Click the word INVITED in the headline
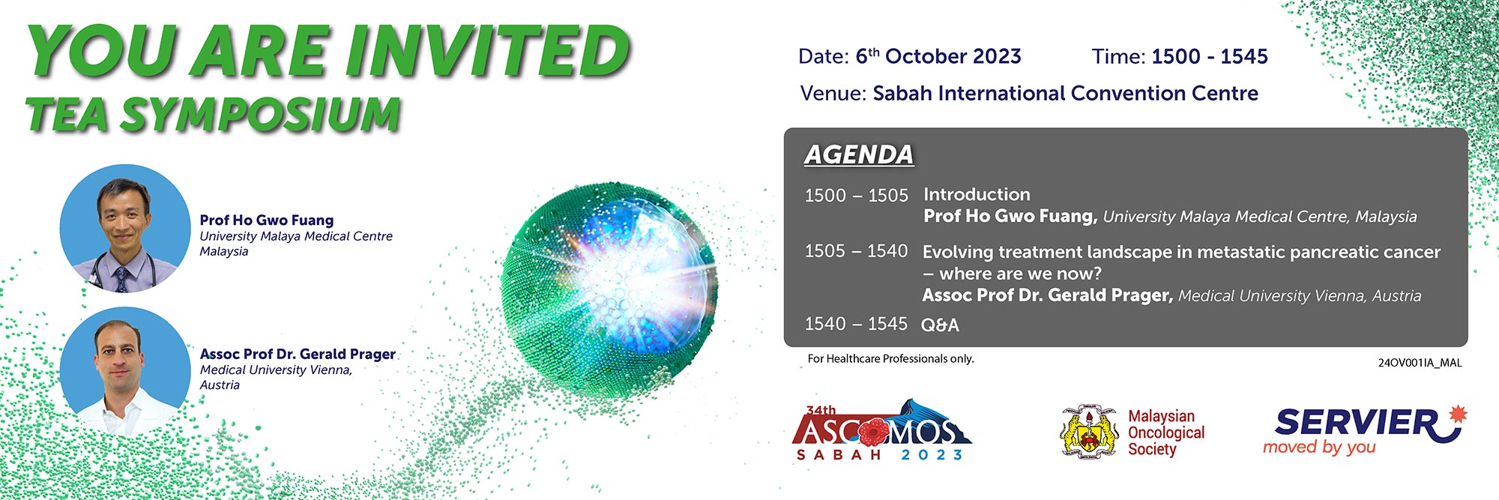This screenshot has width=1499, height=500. [x=487, y=50]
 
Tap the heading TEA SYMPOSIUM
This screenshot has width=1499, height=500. [x=213, y=115]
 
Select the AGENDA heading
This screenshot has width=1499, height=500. [x=859, y=154]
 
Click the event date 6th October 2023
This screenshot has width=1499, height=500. [x=938, y=56]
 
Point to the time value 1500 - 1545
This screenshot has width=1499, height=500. [x=1210, y=56]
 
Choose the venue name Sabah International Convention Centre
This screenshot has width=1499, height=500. [x=1066, y=93]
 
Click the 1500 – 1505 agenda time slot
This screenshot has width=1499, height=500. [x=856, y=196]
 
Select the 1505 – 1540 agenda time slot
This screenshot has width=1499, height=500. [x=856, y=251]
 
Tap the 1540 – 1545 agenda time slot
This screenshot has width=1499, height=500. [x=856, y=324]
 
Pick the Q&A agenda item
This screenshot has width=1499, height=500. [x=940, y=325]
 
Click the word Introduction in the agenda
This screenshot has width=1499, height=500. [x=977, y=194]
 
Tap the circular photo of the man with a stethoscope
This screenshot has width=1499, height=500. [x=125, y=229]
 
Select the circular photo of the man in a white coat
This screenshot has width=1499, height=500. [x=125, y=372]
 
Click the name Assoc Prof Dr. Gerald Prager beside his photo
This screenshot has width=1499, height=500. [x=298, y=354]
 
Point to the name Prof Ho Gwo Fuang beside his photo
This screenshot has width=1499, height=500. [x=267, y=220]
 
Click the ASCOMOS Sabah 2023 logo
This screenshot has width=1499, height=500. [x=881, y=430]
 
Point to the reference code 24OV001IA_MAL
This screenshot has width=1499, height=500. [x=1420, y=363]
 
